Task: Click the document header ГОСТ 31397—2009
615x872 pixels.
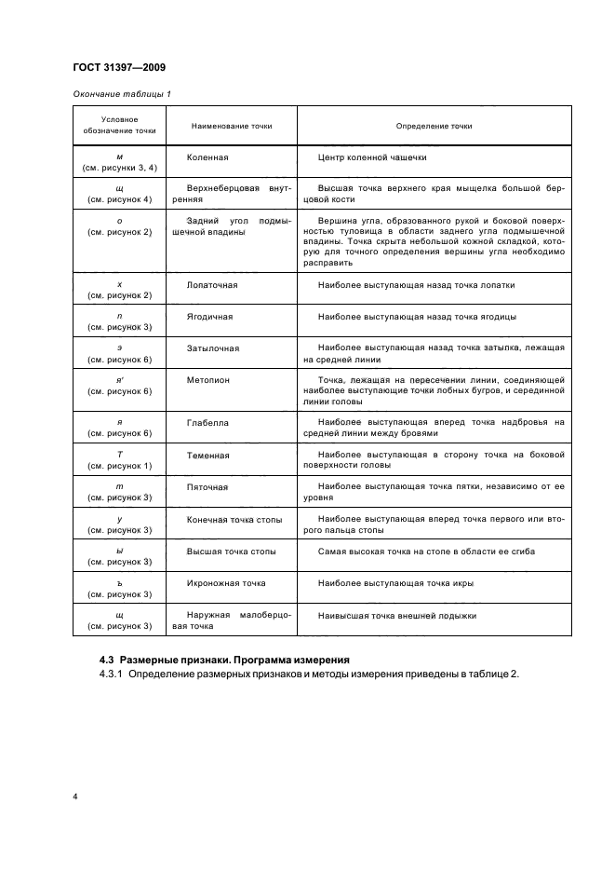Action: tap(119, 66)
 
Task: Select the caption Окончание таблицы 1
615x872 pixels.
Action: tap(121, 94)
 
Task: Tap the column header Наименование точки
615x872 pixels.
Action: tap(232, 126)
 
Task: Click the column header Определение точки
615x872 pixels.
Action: tap(434, 126)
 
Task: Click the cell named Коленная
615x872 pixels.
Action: tap(207, 158)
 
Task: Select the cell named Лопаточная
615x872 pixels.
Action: tap(212, 285)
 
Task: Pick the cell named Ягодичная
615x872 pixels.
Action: tap(209, 317)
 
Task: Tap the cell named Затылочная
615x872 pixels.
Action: tap(213, 348)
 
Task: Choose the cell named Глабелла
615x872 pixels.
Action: tap(207, 423)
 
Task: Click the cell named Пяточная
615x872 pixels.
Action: tap(207, 486)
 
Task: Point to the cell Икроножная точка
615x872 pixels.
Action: tap(226, 582)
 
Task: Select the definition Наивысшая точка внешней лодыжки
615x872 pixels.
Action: tap(397, 615)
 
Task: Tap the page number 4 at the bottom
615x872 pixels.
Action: tap(74, 797)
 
